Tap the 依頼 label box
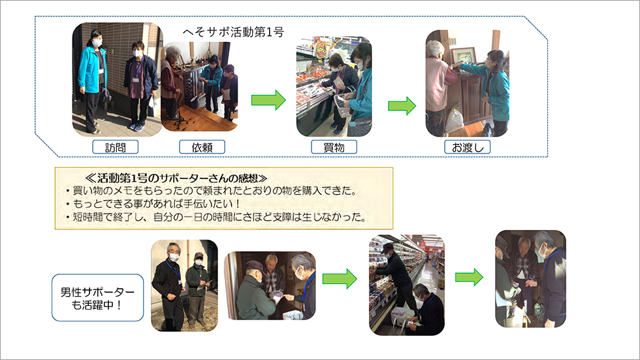202,147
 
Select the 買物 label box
334,147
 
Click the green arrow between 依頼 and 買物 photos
268,100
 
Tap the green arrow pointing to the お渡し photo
402,105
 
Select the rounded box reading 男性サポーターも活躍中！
97,298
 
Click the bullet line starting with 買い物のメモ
209,191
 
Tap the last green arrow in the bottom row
469,278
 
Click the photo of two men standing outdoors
184,285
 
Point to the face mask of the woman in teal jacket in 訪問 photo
97,43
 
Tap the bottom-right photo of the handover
530,278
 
